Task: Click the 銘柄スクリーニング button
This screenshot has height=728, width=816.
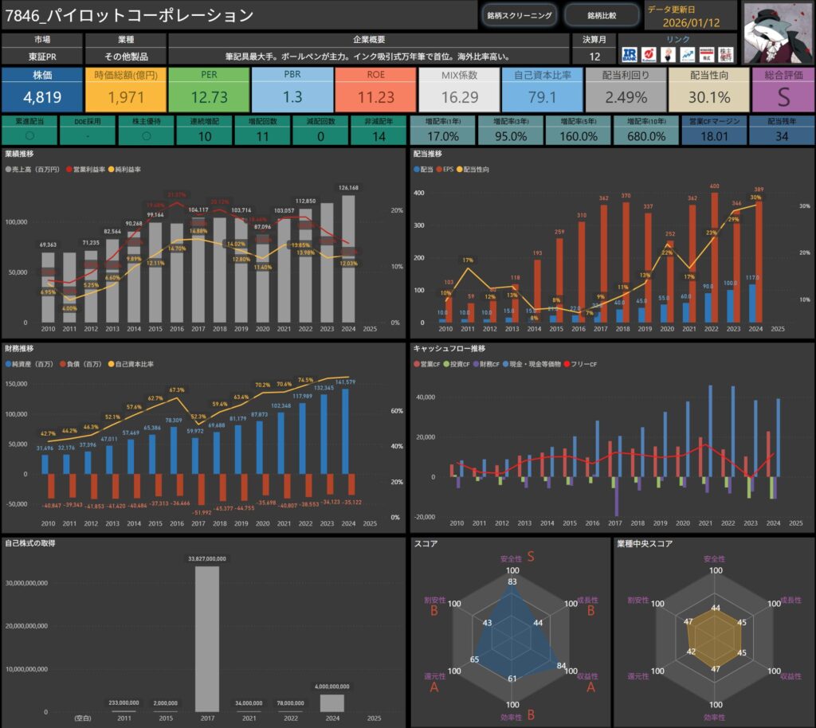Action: [519, 15]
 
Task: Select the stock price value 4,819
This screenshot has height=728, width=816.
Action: [42, 98]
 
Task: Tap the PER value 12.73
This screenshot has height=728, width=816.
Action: [209, 98]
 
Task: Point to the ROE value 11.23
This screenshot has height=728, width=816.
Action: [375, 98]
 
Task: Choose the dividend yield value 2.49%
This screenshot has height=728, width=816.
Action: [626, 98]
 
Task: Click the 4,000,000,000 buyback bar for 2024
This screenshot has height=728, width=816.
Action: [332, 703]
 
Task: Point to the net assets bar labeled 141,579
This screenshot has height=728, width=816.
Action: [345, 431]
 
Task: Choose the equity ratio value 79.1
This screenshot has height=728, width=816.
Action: [542, 98]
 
